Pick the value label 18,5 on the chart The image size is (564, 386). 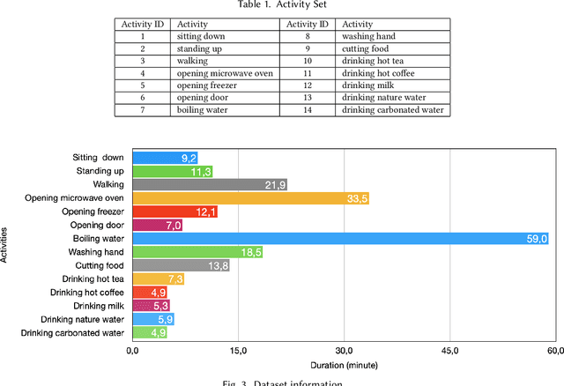pos(249,252)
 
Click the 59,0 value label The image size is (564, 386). pos(537,239)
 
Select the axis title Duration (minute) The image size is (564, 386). pos(344,364)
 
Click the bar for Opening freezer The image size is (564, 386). pos(174,212)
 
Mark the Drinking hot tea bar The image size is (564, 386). pos(158,279)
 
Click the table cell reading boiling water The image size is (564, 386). pos(203,111)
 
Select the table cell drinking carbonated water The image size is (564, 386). pos(391,111)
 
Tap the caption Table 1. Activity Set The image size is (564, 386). pos(282,5)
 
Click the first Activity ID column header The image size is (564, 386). pos(143,25)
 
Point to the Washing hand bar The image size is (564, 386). pos(197,252)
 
